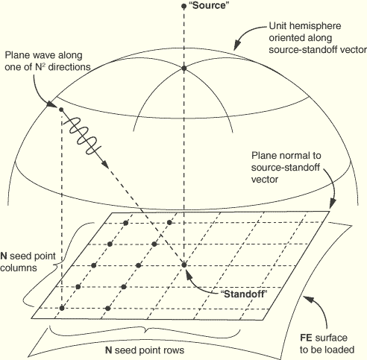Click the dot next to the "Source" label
(183, 6)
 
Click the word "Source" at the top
(209, 5)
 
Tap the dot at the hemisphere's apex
(183, 68)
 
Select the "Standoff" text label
(244, 294)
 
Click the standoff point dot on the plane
(183, 265)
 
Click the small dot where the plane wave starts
(61, 110)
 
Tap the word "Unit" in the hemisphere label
(277, 26)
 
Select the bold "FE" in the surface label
(306, 338)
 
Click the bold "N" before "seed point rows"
(108, 350)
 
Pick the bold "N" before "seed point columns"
(4, 256)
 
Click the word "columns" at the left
(19, 268)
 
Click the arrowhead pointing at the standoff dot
(188, 274)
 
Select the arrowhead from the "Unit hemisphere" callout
(237, 45)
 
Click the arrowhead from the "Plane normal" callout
(333, 204)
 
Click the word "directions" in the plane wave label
(69, 67)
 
